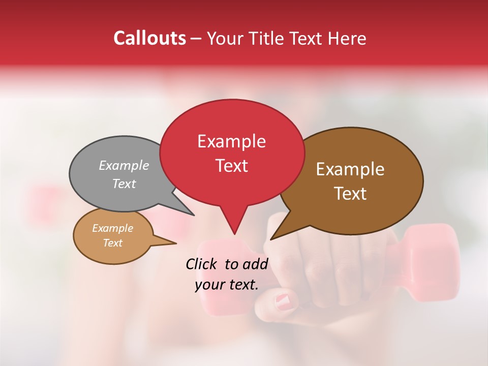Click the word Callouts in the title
coord(149,38)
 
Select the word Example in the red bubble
coord(231,141)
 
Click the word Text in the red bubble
coord(231,166)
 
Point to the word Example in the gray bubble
coord(124,165)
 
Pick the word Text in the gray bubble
coord(124,184)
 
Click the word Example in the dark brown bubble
coord(350,169)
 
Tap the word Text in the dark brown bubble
coord(350,193)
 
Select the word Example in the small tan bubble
coord(112,228)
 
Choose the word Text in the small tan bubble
coord(112,243)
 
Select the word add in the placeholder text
coord(256,264)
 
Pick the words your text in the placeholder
coord(226,285)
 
